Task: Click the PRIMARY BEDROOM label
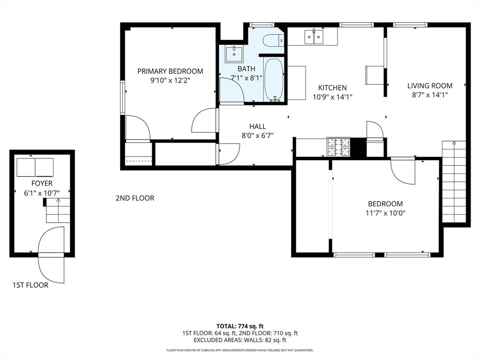pos(170,71)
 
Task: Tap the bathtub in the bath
pos(274,79)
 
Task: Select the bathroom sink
pos(233,54)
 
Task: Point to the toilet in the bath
pos(273,41)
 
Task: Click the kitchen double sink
pos(314,37)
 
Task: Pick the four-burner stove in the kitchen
pos(338,147)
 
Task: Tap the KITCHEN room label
pos(332,88)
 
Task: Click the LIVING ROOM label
pos(429,85)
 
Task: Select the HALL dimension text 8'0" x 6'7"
pos(257,135)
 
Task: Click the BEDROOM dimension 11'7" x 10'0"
pos(385,213)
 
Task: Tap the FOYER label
pos(42,183)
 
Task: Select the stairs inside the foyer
pos(57,210)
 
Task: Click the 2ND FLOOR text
pos(135,198)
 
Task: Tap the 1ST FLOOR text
pos(30,285)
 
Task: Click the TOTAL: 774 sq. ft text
pos(240,326)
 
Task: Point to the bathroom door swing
pos(231,90)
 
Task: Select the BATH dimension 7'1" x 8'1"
pos(246,78)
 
